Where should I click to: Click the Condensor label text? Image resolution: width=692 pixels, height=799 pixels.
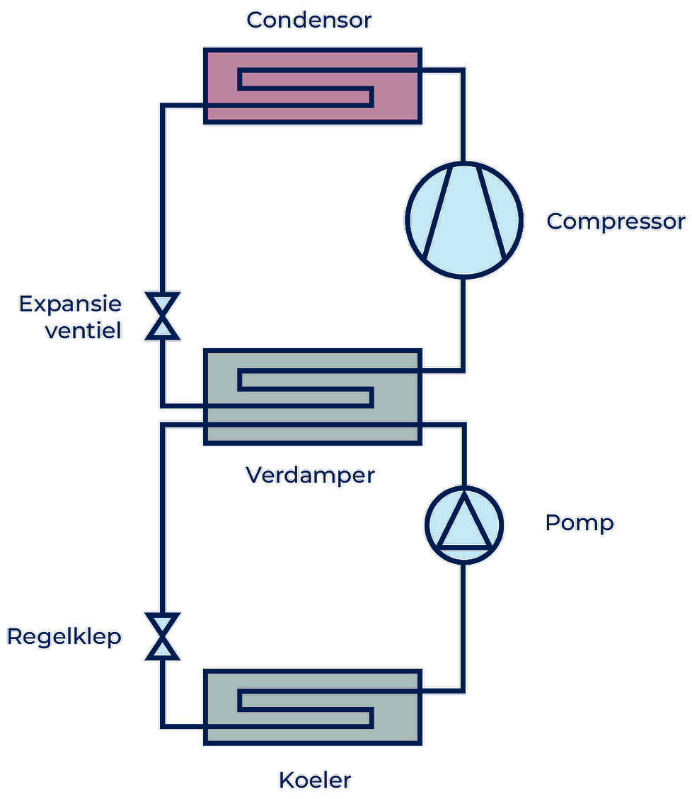[308, 20]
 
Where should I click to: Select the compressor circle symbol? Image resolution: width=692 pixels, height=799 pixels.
[463, 219]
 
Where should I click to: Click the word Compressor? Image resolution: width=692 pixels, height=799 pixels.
[616, 222]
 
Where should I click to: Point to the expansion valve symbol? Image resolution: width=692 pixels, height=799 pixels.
[162, 316]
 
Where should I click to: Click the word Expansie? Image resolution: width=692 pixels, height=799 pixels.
[70, 304]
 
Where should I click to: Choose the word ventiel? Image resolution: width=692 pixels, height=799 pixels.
[83, 330]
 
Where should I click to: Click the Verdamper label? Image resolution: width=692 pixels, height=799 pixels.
[310, 475]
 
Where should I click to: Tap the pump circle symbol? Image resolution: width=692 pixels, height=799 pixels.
[463, 524]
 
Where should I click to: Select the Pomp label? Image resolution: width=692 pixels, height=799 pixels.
[579, 523]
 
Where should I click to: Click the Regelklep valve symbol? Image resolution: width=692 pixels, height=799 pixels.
[162, 636]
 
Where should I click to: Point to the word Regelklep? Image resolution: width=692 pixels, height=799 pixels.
[64, 637]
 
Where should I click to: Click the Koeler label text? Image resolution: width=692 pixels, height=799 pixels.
[315, 781]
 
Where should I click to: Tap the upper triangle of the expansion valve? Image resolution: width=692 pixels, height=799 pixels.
[162, 304]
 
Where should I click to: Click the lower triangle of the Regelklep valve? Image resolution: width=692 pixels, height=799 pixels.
[162, 648]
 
